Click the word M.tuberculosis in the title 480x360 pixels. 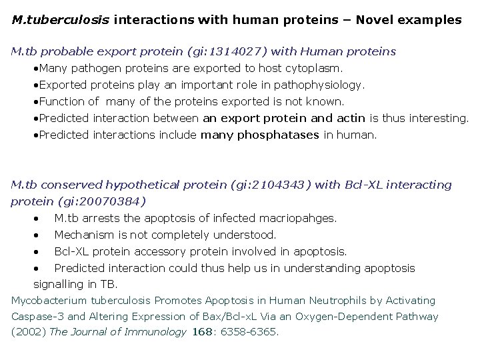coord(61,20)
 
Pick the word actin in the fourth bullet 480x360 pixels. coord(351,118)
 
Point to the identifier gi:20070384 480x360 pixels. coord(100,201)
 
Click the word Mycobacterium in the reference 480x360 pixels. coord(45,301)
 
